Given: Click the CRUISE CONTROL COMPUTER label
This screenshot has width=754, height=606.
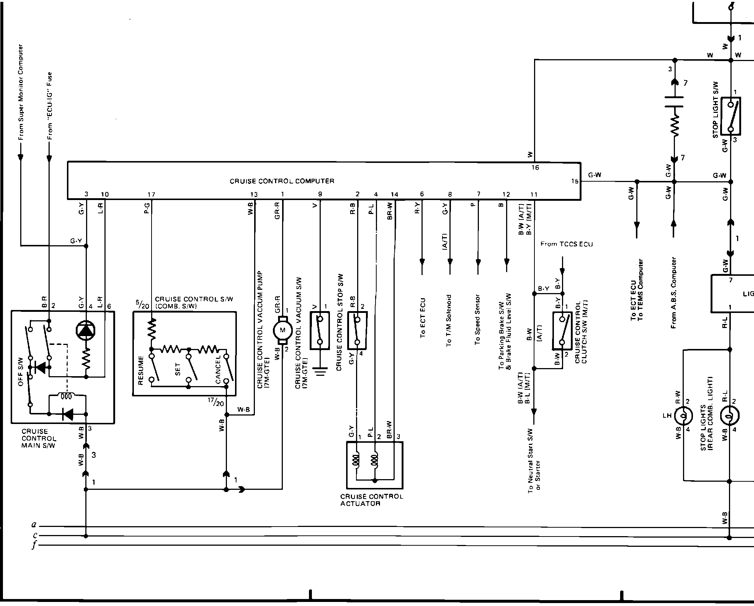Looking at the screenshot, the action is [x=282, y=181].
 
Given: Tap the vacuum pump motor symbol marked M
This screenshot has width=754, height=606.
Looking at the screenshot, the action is [x=282, y=330].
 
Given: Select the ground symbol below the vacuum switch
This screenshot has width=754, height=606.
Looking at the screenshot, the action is [x=320, y=372].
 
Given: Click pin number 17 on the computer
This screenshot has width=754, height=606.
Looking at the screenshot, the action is [x=151, y=195].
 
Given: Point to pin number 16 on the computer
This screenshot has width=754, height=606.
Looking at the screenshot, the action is [x=535, y=168].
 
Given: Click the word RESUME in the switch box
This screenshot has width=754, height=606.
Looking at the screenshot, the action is [x=141, y=370].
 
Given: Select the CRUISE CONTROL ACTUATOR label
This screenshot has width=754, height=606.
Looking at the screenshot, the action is [x=371, y=500].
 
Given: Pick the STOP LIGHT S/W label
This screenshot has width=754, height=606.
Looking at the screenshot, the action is [x=715, y=115].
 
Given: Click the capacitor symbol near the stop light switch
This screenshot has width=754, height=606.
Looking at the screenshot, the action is [x=674, y=102].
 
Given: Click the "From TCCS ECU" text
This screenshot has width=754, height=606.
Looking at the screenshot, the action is [x=566, y=244].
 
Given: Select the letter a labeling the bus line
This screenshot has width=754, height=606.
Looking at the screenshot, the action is [x=33, y=525].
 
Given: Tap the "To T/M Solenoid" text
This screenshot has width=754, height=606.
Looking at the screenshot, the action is [x=449, y=320].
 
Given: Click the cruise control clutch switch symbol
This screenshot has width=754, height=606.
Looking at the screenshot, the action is [x=562, y=331].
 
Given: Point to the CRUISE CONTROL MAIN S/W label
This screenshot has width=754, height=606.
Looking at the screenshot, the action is [x=39, y=438].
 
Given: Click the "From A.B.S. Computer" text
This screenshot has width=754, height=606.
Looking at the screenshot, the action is [x=673, y=292].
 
